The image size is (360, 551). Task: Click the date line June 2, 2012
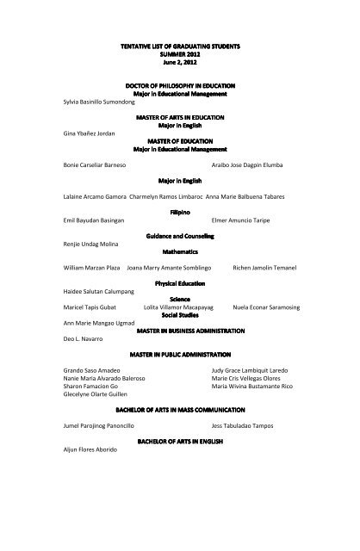pos(180,63)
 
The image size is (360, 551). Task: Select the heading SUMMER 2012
pos(180,55)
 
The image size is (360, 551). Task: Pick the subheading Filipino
pos(180,210)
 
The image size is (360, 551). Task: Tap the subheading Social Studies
pos(180,315)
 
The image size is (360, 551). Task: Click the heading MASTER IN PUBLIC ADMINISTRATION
pos(180,355)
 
